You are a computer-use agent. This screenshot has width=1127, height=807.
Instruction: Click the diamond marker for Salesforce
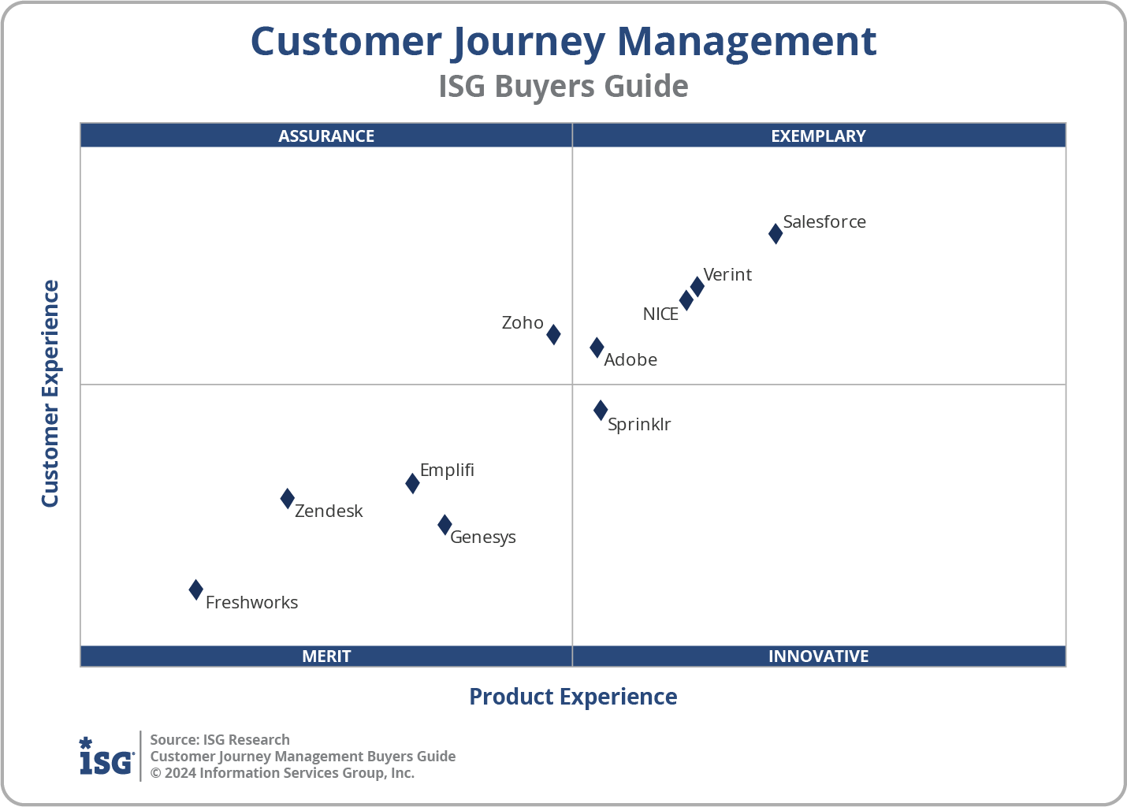pos(776,234)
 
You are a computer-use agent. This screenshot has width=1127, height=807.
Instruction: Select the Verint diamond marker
pos(697,286)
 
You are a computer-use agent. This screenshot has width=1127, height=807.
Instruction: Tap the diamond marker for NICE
pos(686,300)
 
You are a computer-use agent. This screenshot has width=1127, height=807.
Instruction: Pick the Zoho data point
pos(554,334)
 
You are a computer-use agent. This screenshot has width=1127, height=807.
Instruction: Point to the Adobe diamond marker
pos(597,348)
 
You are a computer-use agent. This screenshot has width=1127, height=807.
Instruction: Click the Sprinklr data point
pos(601,410)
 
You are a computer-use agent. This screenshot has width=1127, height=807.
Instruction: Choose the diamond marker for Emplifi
pos(412,483)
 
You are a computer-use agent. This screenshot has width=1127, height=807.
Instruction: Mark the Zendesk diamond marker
pos(288,498)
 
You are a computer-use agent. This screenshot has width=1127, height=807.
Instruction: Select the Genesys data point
pos(444,525)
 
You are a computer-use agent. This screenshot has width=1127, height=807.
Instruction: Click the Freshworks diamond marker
pos(196,589)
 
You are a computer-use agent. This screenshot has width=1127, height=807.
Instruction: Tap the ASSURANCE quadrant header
pos(326,136)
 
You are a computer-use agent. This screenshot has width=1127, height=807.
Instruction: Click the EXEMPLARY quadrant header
pos(818,136)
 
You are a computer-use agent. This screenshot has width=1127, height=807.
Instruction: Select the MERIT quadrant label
pos(326,656)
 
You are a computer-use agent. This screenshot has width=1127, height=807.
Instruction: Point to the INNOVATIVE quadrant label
pos(818,656)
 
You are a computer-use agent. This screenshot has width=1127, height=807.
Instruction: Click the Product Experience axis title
pos(573,697)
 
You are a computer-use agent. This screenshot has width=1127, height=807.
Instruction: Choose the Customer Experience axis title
pos(50,394)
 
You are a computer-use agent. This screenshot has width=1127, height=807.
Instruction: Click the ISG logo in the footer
pos(106,757)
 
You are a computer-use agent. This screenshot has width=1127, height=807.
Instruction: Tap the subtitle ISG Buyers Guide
pos(563,87)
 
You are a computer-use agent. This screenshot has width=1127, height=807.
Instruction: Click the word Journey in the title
pos(528,43)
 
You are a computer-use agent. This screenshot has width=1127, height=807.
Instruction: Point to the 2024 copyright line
pos(282,773)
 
